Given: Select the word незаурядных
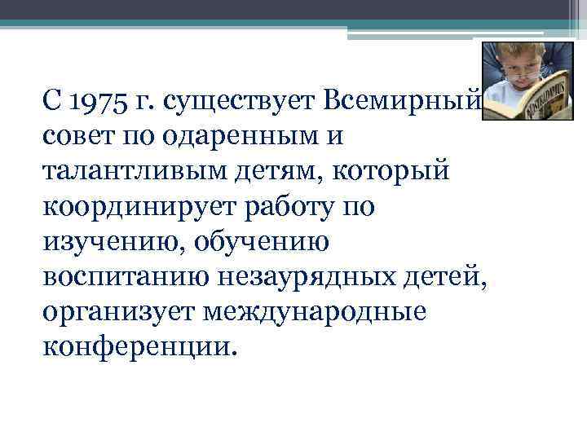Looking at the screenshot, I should pos(314,277).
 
